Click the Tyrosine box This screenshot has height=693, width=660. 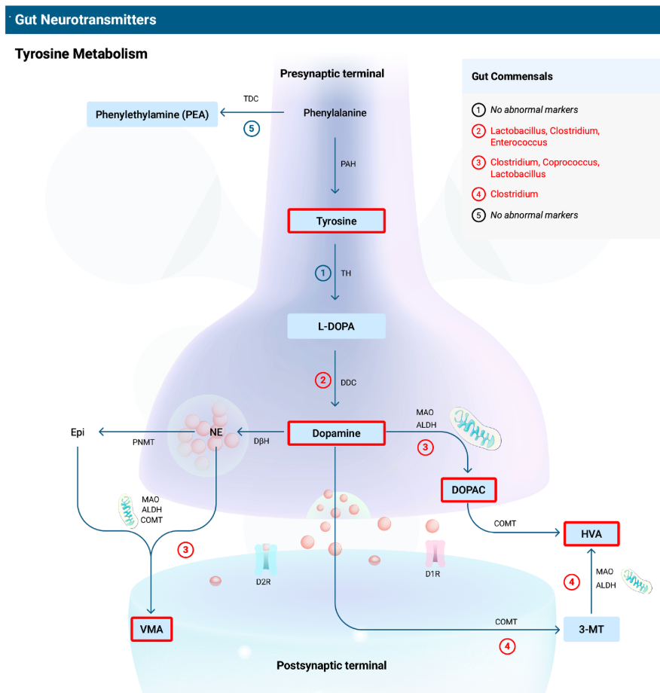click(x=336, y=221)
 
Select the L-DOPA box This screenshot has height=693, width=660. click(x=336, y=326)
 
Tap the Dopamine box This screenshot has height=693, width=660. click(x=336, y=433)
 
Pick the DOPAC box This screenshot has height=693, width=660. click(x=468, y=490)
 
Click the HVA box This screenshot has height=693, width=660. click(x=591, y=534)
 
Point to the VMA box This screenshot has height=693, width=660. click(x=151, y=628)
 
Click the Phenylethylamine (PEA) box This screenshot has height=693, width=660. click(x=152, y=114)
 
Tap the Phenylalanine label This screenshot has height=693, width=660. click(x=335, y=113)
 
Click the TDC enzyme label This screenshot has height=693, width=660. click(x=251, y=99)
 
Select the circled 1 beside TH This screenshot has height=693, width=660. click(x=323, y=273)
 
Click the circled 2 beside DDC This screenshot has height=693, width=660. click(x=323, y=380)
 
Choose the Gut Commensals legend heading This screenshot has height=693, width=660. click(x=512, y=76)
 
